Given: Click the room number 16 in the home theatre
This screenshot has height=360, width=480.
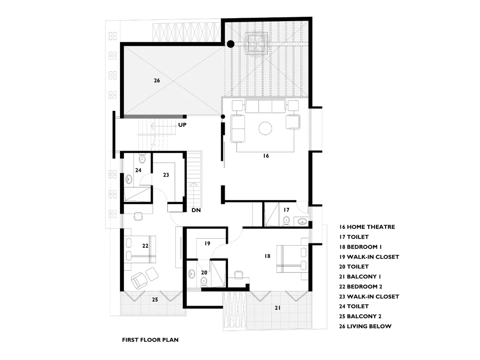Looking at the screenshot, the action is (x=266, y=156).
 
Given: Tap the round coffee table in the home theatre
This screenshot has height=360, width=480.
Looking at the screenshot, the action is (x=265, y=128).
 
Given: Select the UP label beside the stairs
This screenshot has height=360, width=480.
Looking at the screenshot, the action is (x=182, y=125).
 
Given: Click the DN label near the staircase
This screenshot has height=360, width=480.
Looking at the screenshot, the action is (x=196, y=210).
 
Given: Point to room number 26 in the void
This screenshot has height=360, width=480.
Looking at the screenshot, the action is (x=157, y=81).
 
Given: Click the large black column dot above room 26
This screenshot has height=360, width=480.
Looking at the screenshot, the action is (x=230, y=44).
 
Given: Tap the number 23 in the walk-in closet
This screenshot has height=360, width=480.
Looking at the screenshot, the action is (x=166, y=175).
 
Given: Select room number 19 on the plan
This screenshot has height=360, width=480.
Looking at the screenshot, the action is (x=207, y=244).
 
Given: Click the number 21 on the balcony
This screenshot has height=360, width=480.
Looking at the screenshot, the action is (x=277, y=308).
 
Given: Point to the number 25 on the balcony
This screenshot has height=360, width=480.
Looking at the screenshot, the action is (x=155, y=300).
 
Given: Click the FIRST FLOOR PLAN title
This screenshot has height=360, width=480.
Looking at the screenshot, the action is (x=150, y=340).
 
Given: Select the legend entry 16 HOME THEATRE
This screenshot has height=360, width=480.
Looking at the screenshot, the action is (x=367, y=227).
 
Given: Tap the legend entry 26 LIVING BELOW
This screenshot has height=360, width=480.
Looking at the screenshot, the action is (x=365, y=326).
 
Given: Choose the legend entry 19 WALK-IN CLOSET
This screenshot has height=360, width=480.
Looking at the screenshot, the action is (x=369, y=257).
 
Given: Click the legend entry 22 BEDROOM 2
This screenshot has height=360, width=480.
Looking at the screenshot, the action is (x=360, y=287).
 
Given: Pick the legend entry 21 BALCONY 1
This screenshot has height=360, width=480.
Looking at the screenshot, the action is (x=360, y=277).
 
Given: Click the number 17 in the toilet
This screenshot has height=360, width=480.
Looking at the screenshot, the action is (x=286, y=210).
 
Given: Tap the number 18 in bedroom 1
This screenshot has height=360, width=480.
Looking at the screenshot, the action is (x=267, y=256).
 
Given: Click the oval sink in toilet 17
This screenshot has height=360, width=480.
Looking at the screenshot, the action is (x=303, y=221).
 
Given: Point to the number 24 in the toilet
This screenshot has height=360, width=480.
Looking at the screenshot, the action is (x=138, y=170).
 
